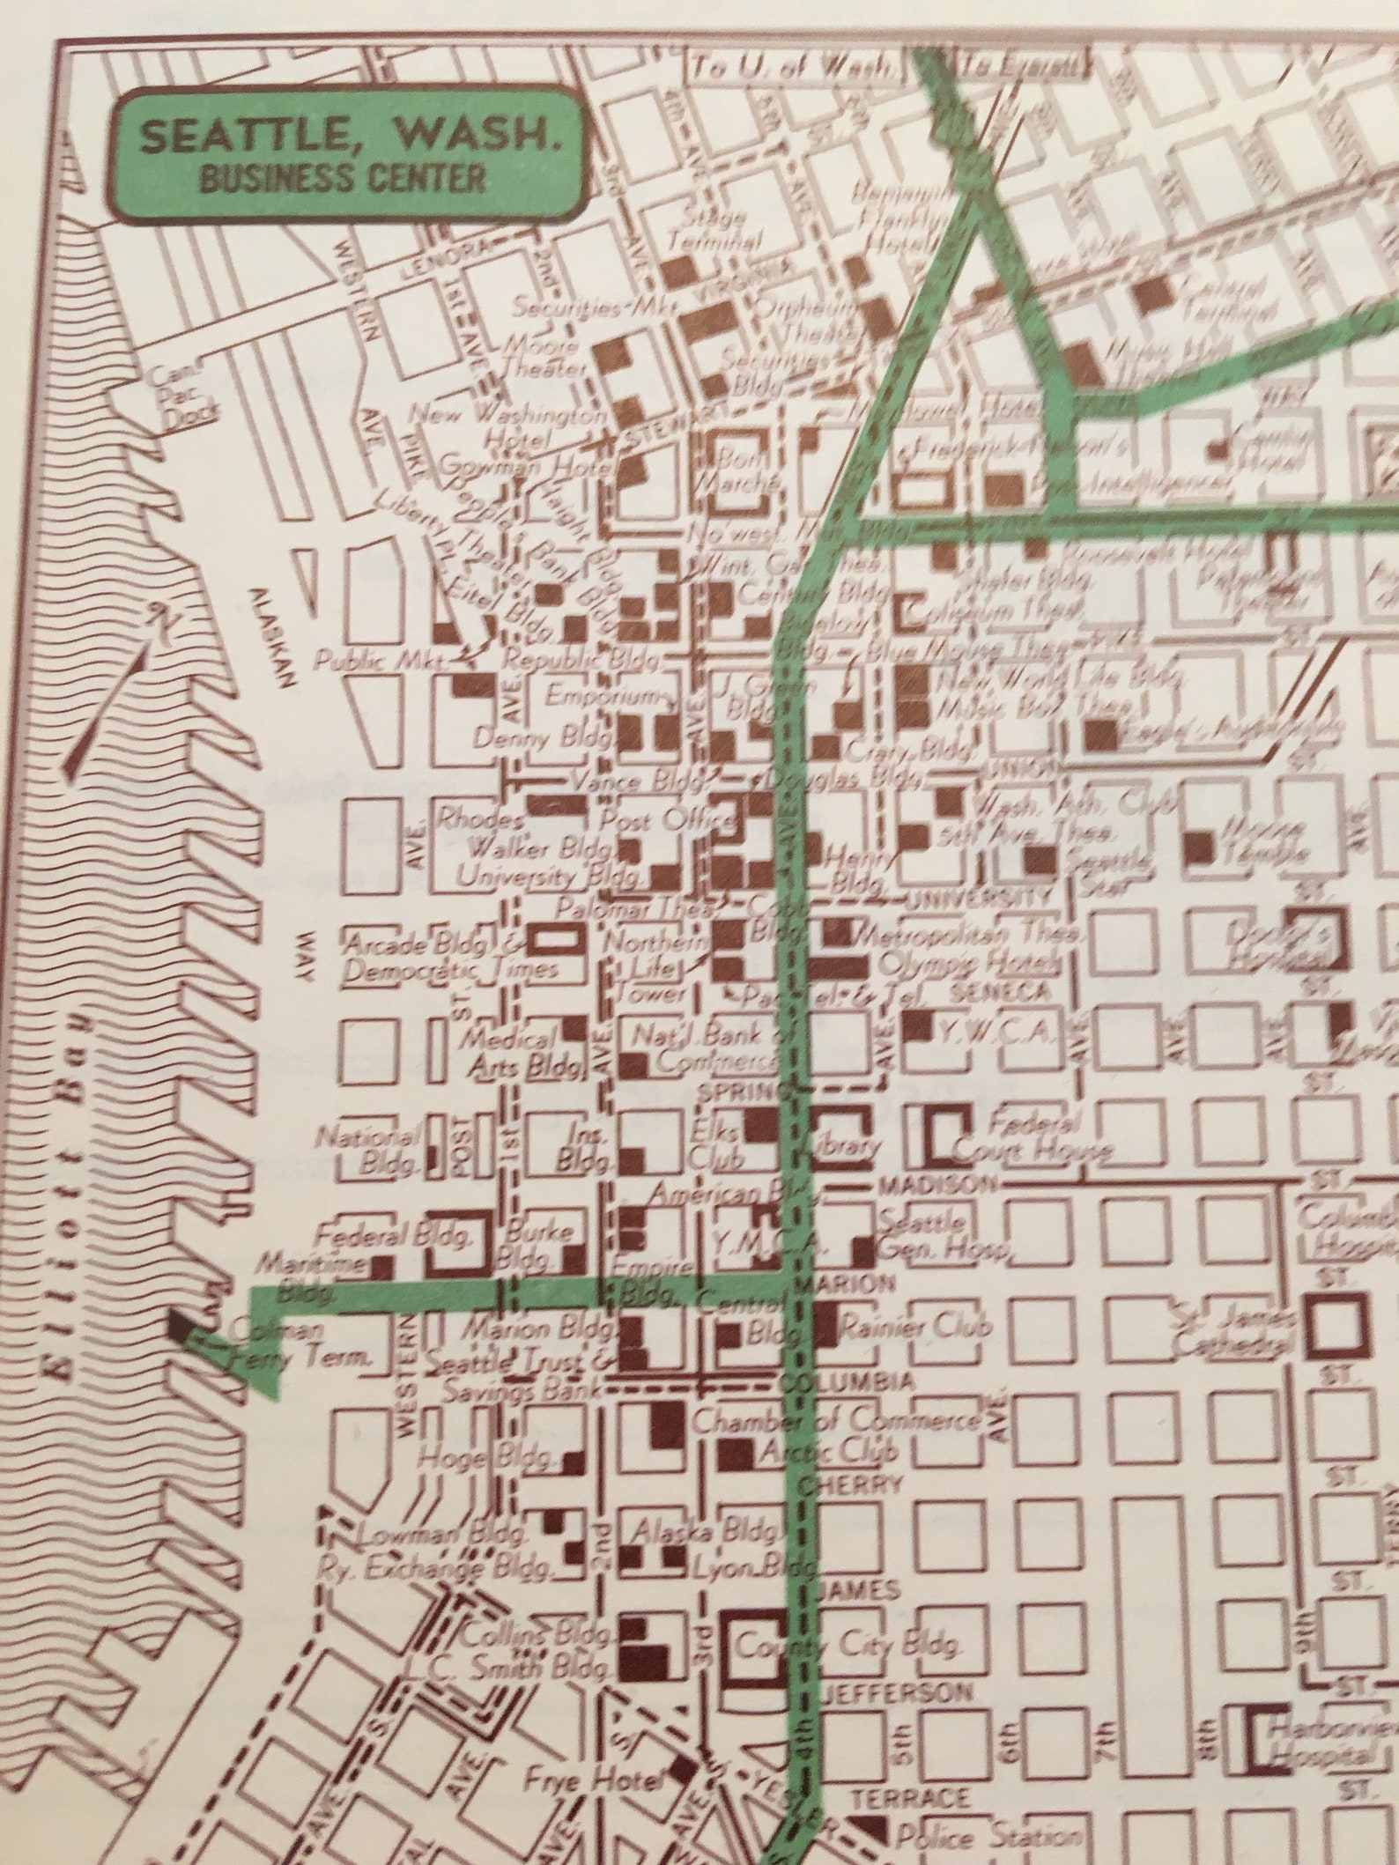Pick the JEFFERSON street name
[899, 1692]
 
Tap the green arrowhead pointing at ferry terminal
[263, 1386]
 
